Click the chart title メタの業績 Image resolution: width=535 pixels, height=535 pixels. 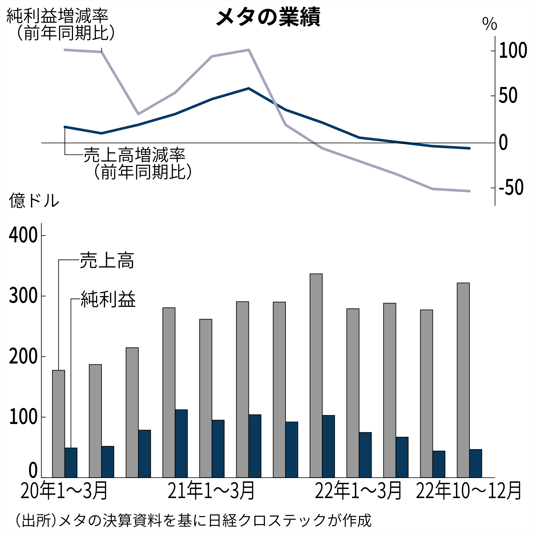tap(268, 17)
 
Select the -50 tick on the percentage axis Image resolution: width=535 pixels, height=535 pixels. tap(511, 188)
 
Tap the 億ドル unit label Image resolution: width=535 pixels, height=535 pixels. tap(34, 200)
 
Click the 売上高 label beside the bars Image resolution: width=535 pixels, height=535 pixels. tap(107, 260)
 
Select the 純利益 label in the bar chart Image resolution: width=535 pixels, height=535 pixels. tap(108, 299)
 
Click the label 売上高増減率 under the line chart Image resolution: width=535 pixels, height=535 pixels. tap(135, 155)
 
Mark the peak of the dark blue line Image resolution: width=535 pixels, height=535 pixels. tap(249, 88)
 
